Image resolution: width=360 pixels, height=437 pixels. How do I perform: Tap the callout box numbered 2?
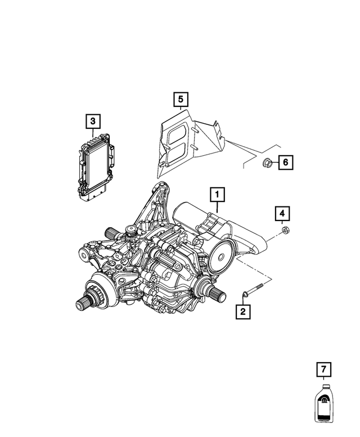point(242,310)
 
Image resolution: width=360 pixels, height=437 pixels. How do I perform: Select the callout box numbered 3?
point(93,121)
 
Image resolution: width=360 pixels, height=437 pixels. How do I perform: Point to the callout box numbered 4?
point(282,214)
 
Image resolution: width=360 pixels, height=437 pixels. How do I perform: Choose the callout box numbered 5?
point(180,100)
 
